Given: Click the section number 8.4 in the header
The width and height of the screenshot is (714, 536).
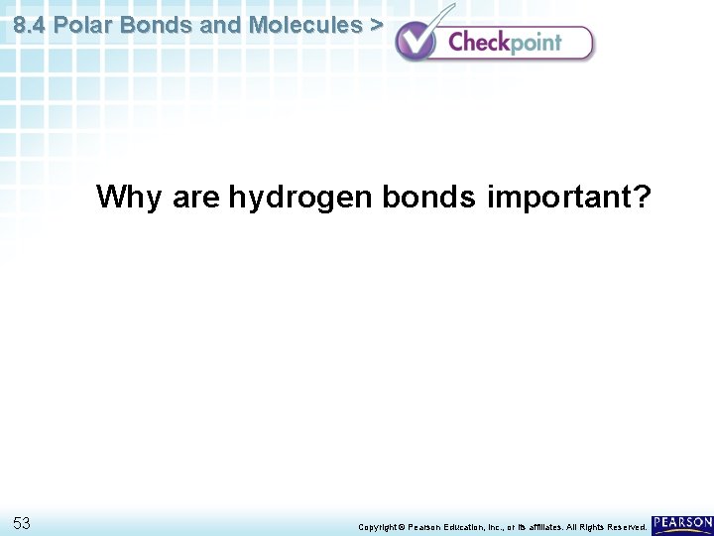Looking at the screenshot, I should [x=30, y=25].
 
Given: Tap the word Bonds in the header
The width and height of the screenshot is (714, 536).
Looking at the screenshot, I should [x=157, y=25].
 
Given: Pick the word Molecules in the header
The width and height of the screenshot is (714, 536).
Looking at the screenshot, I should [x=305, y=25].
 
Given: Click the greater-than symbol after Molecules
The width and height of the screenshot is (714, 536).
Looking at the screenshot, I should [x=376, y=25].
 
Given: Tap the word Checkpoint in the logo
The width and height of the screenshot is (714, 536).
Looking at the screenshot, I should [x=505, y=42].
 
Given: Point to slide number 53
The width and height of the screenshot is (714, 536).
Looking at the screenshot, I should [x=23, y=522].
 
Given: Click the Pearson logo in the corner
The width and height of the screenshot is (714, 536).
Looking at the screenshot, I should [x=682, y=523].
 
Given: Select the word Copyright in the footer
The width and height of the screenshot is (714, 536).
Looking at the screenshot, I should [x=377, y=526].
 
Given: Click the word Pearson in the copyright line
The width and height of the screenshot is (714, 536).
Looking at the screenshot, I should [x=427, y=526].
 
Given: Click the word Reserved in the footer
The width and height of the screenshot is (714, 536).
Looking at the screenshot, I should [x=626, y=526].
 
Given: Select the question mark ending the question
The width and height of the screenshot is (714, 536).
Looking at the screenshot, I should [x=642, y=198].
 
